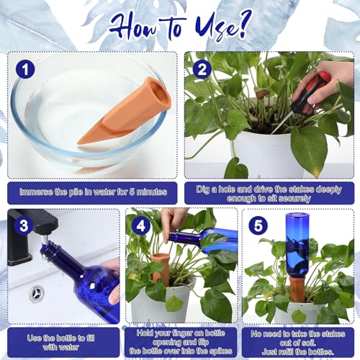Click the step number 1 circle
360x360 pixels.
click(25, 69)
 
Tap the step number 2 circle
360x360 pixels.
click(202, 69)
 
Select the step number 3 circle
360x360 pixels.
click(24, 226)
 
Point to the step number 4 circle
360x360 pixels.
click(141, 226)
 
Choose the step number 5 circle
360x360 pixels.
click(258, 226)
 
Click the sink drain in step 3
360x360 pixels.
click(37, 293)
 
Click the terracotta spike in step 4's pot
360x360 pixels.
click(161, 269)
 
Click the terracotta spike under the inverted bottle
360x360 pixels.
click(297, 290)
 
